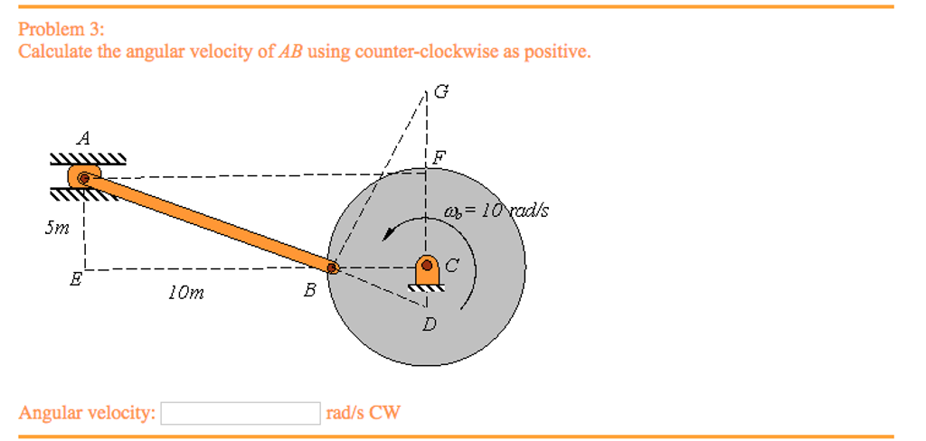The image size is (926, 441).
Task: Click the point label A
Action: [x=84, y=138]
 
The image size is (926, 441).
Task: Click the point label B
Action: [x=310, y=290]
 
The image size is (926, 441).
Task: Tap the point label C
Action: [x=452, y=266]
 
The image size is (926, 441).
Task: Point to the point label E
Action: [x=76, y=280]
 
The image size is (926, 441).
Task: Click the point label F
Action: [x=439, y=155]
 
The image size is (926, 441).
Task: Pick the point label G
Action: [x=440, y=90]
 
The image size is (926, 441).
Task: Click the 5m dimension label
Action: [x=56, y=229]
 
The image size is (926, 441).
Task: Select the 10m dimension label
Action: [x=185, y=292]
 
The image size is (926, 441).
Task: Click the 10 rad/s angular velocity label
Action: [x=496, y=212]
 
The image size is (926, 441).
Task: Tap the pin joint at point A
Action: [x=84, y=179]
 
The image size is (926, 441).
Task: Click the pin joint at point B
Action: [x=333, y=267]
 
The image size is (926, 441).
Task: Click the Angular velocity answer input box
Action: [x=241, y=413]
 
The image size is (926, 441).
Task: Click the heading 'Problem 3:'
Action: [x=61, y=29]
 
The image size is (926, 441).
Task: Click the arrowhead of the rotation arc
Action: [x=390, y=232]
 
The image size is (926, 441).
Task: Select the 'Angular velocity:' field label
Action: [x=87, y=413]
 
